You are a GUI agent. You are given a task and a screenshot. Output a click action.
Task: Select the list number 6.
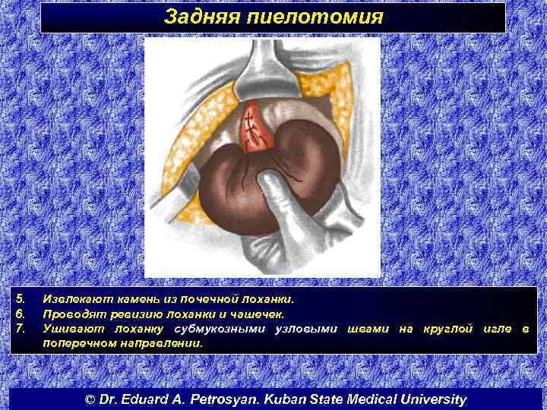point(21,313)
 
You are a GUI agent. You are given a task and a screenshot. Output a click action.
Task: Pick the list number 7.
point(21,328)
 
